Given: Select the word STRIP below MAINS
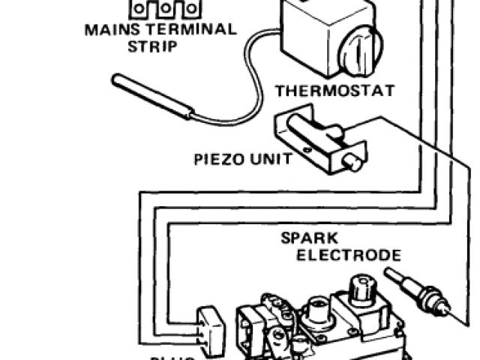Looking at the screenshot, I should coord(152,47).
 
